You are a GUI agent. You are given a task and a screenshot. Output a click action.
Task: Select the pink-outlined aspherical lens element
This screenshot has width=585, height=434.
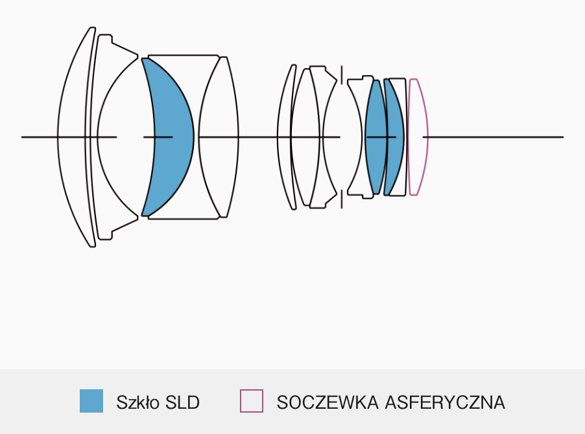click(418, 137)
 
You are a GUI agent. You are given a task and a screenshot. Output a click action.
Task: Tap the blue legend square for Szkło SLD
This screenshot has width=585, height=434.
click(91, 401)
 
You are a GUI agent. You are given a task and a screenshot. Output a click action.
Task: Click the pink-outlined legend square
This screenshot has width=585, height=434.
click(252, 401)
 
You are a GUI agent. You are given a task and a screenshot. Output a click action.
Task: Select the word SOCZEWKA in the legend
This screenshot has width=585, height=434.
click(328, 402)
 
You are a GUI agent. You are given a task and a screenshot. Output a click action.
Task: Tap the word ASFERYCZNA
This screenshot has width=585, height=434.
click(445, 402)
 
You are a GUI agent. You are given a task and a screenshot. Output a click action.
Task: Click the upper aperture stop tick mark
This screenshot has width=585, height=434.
click(342, 75)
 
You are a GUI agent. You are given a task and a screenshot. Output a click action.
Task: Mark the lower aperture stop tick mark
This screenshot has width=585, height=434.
click(342, 199)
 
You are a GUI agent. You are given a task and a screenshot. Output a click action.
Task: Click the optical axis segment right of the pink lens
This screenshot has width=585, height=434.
click(493, 137)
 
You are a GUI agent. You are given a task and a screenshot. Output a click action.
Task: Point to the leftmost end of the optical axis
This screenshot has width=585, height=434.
click(21, 137)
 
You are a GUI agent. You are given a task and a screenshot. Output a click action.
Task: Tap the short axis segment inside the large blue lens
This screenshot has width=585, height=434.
click(158, 137)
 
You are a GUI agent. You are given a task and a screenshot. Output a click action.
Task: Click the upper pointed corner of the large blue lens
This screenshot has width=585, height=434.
click(142, 58)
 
